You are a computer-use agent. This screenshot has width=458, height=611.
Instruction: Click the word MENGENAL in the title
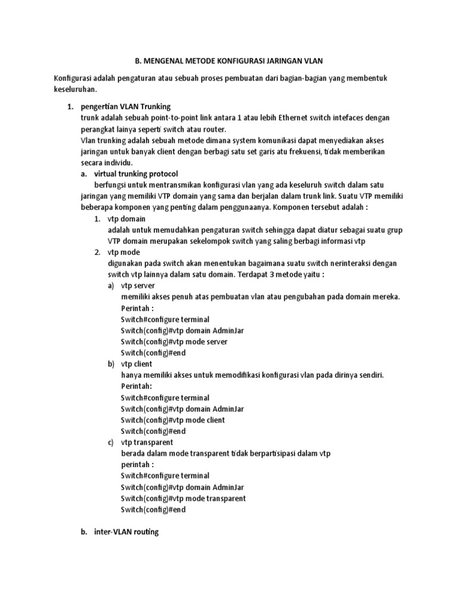[166, 61]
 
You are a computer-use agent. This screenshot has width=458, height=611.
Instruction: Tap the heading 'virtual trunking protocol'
[137, 174]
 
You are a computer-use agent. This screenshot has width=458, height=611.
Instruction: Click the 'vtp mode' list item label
[124, 252]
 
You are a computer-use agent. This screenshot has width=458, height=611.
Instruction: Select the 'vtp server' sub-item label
[138, 286]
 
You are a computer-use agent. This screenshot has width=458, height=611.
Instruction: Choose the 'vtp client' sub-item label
[137, 364]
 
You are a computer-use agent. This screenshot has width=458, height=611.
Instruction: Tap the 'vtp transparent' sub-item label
[147, 442]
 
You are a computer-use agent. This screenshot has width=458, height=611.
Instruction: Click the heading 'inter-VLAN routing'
[126, 532]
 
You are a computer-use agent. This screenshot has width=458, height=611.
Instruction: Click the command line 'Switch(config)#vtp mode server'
[174, 342]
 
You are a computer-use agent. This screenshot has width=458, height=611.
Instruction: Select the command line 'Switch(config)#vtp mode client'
[173, 420]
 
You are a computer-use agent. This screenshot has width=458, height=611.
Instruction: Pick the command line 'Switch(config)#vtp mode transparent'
[183, 498]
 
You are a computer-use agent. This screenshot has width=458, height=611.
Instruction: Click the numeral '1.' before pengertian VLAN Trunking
[70, 106]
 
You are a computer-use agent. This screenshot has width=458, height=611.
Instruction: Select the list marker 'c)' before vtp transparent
[112, 442]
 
